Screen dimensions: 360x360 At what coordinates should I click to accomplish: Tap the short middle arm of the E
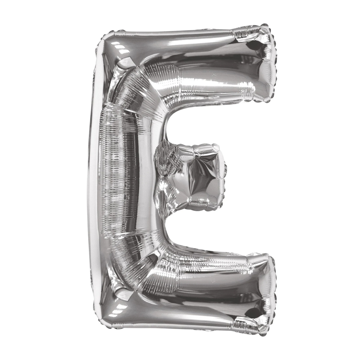195,177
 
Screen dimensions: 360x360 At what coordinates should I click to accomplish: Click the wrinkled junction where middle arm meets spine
162,177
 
